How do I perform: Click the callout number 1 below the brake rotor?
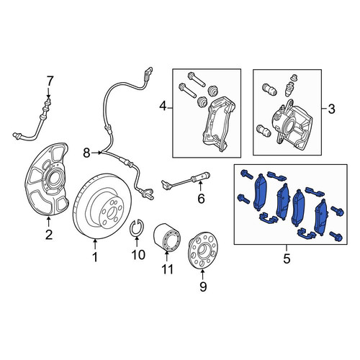tap(95, 257)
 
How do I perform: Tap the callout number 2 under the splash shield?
tap(49, 235)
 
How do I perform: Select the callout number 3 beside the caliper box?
tap(331, 109)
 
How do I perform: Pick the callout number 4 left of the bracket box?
tap(163, 106)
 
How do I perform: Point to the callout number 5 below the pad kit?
tap(287, 258)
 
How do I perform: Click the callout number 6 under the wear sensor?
tap(201, 199)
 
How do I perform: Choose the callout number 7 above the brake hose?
tap(50, 81)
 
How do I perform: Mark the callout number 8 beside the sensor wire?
tap(86, 153)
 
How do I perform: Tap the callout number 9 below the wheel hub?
tap(203, 287)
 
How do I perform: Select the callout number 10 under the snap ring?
tap(138, 254)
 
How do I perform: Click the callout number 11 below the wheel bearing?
tap(167, 269)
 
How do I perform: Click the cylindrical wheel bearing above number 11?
tap(166, 237)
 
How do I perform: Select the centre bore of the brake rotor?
tap(111, 213)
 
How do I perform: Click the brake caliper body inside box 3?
tap(292, 125)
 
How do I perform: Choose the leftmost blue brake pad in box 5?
tap(260, 192)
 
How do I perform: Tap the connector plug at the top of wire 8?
tap(148, 73)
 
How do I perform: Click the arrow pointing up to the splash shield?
tap(49, 222)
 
